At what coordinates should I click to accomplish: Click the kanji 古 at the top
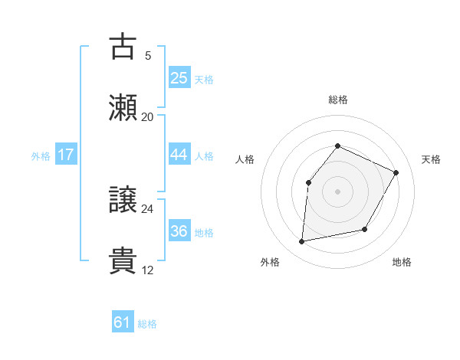(x=123, y=47)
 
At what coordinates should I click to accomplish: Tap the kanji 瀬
(x=123, y=108)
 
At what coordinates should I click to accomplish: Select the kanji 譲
(x=123, y=200)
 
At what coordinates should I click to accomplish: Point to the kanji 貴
(x=123, y=261)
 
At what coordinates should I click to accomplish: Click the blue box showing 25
(x=179, y=78)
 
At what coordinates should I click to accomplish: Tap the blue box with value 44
(x=179, y=155)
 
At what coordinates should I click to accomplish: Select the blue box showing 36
(x=179, y=231)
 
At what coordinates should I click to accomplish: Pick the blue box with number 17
(x=66, y=155)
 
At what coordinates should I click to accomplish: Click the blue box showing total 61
(x=123, y=323)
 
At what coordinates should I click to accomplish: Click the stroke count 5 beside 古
(x=148, y=55)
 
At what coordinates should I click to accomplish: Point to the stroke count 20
(x=148, y=116)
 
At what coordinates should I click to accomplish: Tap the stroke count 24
(x=148, y=208)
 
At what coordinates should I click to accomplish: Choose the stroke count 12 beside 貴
(x=148, y=270)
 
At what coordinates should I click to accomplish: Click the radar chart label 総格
(x=338, y=100)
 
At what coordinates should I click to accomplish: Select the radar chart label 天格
(x=431, y=159)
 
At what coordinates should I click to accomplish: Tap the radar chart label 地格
(x=402, y=262)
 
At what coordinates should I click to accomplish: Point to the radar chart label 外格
(x=270, y=262)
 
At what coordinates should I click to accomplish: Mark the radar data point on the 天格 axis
(x=396, y=172)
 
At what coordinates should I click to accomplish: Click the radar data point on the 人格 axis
(x=308, y=182)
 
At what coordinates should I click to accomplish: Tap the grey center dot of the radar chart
(x=338, y=191)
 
